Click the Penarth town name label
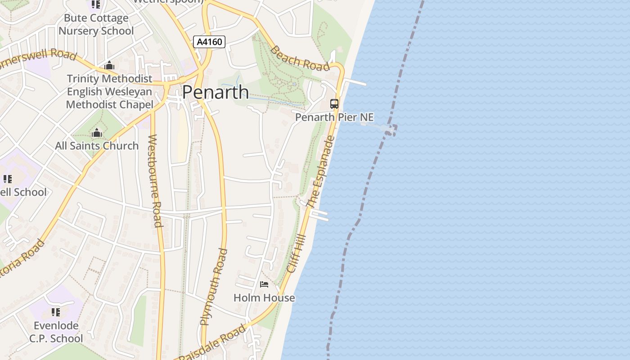tap(215, 92)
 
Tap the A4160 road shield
tap(209, 42)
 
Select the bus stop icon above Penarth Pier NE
tap(334, 104)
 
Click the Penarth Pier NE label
tap(334, 117)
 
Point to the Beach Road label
tap(300, 59)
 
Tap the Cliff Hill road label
tap(296, 253)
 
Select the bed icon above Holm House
tap(264, 284)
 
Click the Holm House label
tap(264, 297)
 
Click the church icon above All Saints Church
tap(97, 133)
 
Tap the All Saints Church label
tap(97, 146)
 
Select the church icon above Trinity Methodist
tap(109, 66)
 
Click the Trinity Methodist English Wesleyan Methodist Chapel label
tap(109, 92)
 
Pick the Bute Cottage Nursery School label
tap(96, 25)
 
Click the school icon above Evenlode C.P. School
tap(56, 312)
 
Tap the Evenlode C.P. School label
tap(56, 332)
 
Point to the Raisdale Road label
tap(212, 343)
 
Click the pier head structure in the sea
tap(388, 130)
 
